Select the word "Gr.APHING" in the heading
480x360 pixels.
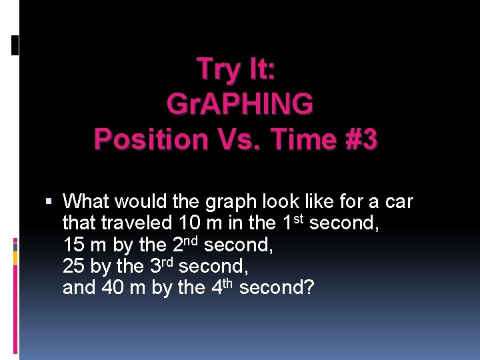240,104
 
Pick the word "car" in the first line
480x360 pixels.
399,201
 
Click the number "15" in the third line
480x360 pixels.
74,245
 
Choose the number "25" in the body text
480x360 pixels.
74,267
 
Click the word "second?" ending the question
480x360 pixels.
277,288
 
